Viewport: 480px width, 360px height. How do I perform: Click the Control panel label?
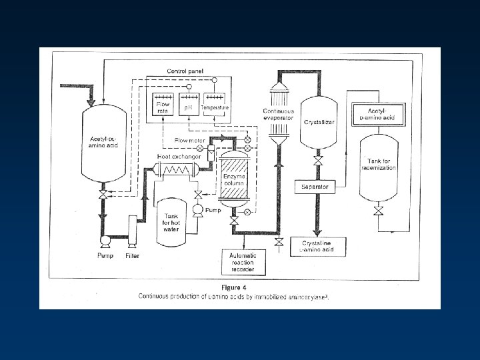(185, 71)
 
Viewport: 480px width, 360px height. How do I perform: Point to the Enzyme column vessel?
(233, 176)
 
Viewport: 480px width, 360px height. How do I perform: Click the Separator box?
(314, 187)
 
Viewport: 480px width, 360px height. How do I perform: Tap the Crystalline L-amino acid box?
(318, 246)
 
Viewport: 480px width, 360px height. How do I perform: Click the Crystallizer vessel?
(318, 123)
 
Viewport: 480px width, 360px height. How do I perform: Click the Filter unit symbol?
(132, 227)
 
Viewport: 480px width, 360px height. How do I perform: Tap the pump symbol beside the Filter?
(104, 241)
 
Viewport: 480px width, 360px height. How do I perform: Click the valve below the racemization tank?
(379, 211)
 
